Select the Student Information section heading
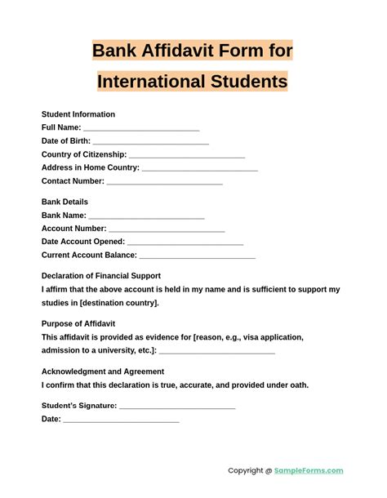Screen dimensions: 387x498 click(78, 114)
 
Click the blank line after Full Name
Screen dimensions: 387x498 click(141, 129)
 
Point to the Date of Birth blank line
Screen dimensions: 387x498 click(150, 143)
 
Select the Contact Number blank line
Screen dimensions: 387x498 click(165, 182)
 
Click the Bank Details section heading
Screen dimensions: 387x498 click(64, 202)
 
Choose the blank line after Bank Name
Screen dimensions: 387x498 click(146, 217)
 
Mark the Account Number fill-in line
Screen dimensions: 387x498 click(167, 230)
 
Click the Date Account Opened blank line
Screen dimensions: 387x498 click(185, 243)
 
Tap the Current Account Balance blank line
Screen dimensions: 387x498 click(198, 256)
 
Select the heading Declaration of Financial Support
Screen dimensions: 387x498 click(101, 276)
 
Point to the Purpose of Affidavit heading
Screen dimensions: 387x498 click(78, 323)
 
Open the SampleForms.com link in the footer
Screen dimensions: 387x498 click(309, 470)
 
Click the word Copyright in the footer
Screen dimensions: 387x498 click(245, 470)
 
